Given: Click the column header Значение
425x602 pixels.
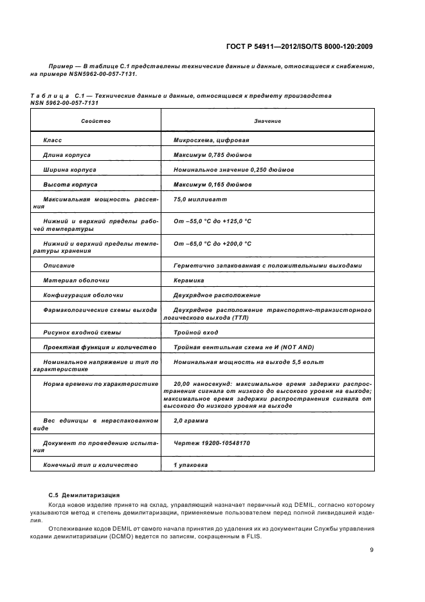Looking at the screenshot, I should tap(267, 121).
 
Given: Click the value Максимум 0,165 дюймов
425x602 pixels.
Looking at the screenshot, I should tap(212, 185).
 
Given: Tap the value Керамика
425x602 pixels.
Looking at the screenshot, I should tap(188, 280).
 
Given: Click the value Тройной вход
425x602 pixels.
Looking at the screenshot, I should tap(195, 333).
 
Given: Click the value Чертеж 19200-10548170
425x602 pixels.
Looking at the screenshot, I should tap(212, 443).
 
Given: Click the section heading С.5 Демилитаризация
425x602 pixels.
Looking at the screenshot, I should tap(84, 495).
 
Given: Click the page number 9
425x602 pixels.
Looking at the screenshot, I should tap(372, 550).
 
